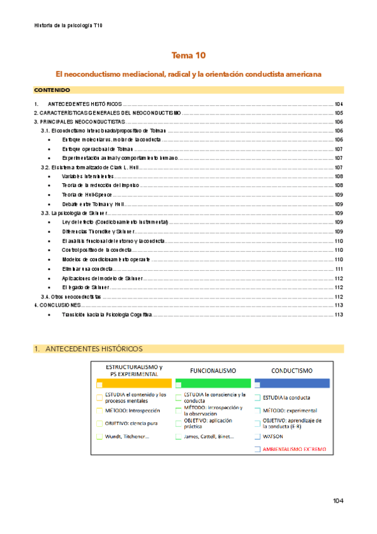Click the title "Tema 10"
click(x=189, y=55)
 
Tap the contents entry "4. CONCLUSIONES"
click(x=57, y=305)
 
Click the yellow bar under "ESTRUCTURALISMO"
click(x=133, y=383)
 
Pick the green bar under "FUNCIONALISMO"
click(x=214, y=383)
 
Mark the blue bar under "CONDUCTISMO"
click(x=292, y=383)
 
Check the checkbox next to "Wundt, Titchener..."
click(x=99, y=436)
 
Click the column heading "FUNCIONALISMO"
click(x=213, y=371)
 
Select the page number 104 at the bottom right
click(x=338, y=501)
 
